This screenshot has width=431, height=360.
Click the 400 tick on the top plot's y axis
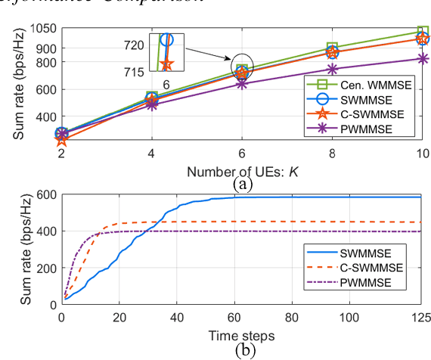click(x=46, y=116)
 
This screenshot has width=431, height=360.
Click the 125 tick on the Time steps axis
click(x=422, y=315)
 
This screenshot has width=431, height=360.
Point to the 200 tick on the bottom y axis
click(x=46, y=268)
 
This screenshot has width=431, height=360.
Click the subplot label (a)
click(x=242, y=182)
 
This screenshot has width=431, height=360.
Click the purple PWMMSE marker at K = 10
click(x=422, y=59)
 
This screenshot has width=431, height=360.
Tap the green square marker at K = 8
click(x=332, y=48)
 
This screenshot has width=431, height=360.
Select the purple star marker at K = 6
click(x=242, y=83)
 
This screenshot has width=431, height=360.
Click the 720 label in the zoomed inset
click(x=135, y=45)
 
